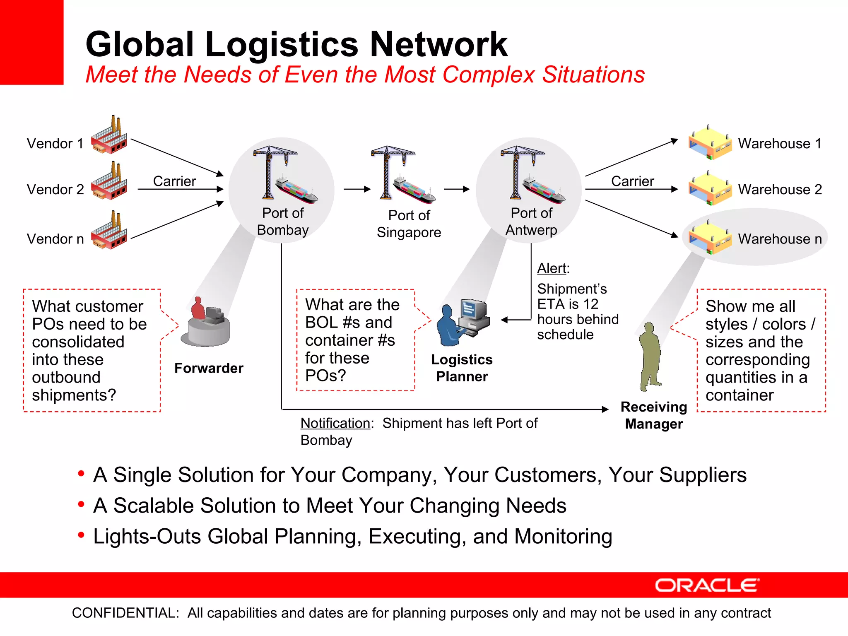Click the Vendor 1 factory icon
click(x=109, y=136)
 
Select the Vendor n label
click(x=55, y=239)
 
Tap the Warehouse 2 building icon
click(x=710, y=189)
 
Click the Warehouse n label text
click(x=780, y=239)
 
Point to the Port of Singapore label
click(x=409, y=224)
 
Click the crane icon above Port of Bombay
click(x=269, y=170)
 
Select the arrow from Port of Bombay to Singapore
click(x=357, y=189)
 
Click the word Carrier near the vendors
click(x=174, y=181)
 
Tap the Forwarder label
click(x=209, y=368)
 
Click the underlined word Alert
click(x=551, y=268)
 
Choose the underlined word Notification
click(x=335, y=423)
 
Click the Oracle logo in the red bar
click(x=706, y=585)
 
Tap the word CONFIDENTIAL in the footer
click(x=125, y=613)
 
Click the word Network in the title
click(x=438, y=44)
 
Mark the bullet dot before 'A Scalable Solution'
click(x=81, y=504)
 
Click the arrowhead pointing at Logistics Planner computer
click(x=504, y=320)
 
